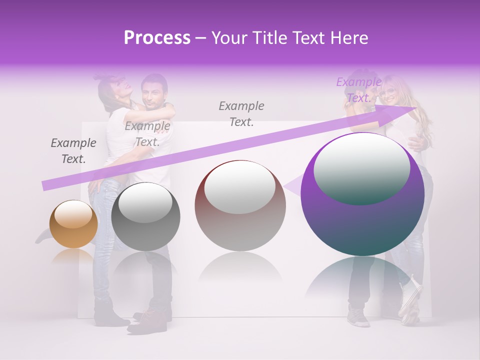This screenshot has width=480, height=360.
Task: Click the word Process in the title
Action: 157,38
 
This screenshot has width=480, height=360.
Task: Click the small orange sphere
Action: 73,224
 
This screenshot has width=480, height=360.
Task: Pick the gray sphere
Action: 145,216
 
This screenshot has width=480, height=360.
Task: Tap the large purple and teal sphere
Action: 362,195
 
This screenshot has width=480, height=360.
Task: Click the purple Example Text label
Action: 358,90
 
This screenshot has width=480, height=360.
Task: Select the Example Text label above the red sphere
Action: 241,113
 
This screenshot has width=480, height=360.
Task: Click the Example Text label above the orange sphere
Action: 73,151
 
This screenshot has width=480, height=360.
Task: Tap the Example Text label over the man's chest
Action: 147,134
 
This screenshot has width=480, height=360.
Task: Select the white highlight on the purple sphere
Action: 361,167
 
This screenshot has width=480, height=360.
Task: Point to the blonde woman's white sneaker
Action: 410,300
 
